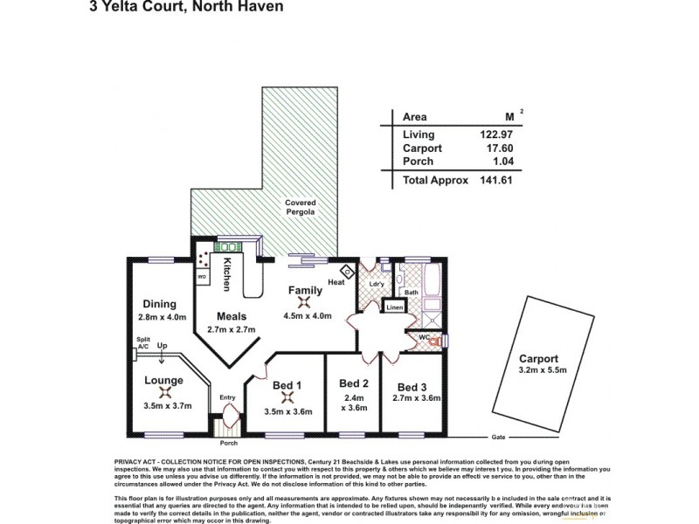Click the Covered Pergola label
click(300, 207)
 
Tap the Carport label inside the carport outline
click(538, 358)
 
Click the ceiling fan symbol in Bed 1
click(286, 397)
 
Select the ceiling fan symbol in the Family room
click(302, 301)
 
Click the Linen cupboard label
click(394, 308)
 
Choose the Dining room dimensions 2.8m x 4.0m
click(163, 317)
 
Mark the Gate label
click(500, 436)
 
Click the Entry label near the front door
click(228, 397)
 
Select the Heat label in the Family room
click(336, 282)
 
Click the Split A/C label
click(142, 342)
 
